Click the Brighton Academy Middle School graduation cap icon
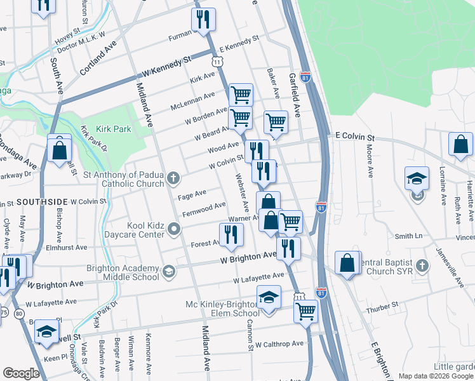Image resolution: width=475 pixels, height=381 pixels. coord(168,272)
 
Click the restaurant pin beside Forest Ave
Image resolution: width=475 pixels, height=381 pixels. coord(232,235)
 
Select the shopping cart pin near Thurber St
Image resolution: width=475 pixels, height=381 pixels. coord(305,312)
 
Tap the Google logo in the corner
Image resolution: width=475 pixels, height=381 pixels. coord(21,373)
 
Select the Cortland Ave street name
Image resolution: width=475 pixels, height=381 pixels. coord(99,57)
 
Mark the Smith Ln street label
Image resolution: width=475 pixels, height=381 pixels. coord(408,236)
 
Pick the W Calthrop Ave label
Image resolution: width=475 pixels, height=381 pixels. coord(279,344)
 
